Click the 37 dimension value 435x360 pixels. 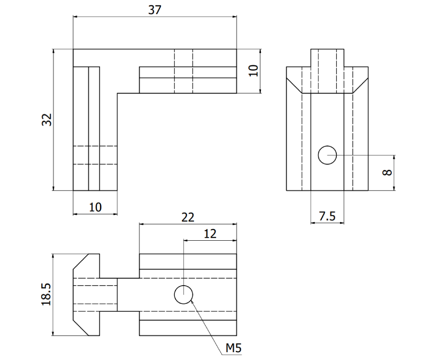tap(154, 10)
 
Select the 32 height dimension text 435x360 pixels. tap(47, 120)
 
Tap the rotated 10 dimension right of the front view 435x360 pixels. tap(254, 71)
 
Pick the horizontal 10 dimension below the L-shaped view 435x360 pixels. tap(95, 207)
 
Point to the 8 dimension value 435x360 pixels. tap(387, 172)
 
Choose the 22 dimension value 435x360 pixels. tap(188, 217)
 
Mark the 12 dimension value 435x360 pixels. tap(210, 234)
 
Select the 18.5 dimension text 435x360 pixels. tap(46, 295)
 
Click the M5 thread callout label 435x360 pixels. tap(233, 347)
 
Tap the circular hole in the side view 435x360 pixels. tap(327, 155)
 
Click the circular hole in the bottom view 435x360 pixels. tap(183, 295)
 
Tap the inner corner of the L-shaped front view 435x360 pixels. tap(117, 93)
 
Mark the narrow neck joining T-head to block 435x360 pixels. tap(108, 295)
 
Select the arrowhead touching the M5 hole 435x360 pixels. tap(191, 303)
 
